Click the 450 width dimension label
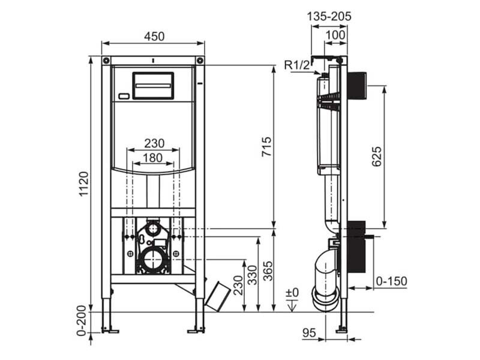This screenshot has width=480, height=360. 154,37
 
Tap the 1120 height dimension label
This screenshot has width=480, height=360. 83,184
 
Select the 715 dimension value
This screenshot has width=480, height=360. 266,146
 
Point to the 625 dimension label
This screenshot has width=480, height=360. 377,157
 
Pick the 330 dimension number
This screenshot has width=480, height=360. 253,275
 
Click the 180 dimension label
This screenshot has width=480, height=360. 153,158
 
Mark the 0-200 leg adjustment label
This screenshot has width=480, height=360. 82,320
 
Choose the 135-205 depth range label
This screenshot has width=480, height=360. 329,16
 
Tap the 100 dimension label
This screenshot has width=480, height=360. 335,35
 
